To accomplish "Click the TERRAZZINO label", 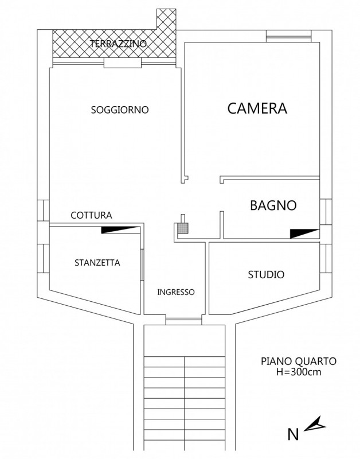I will click(119, 44).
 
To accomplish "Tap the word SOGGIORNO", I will click(120, 110).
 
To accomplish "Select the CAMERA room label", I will click(257, 108).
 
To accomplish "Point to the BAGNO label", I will click(273, 205).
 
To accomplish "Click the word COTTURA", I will click(91, 216).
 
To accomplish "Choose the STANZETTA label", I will click(97, 263).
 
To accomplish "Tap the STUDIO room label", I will click(266, 275).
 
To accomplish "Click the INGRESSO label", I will click(176, 292).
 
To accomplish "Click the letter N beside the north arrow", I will click(293, 434).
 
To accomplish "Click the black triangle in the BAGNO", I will click(303, 233).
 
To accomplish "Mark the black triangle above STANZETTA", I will click(120, 229).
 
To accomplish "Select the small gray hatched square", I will click(182, 228).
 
